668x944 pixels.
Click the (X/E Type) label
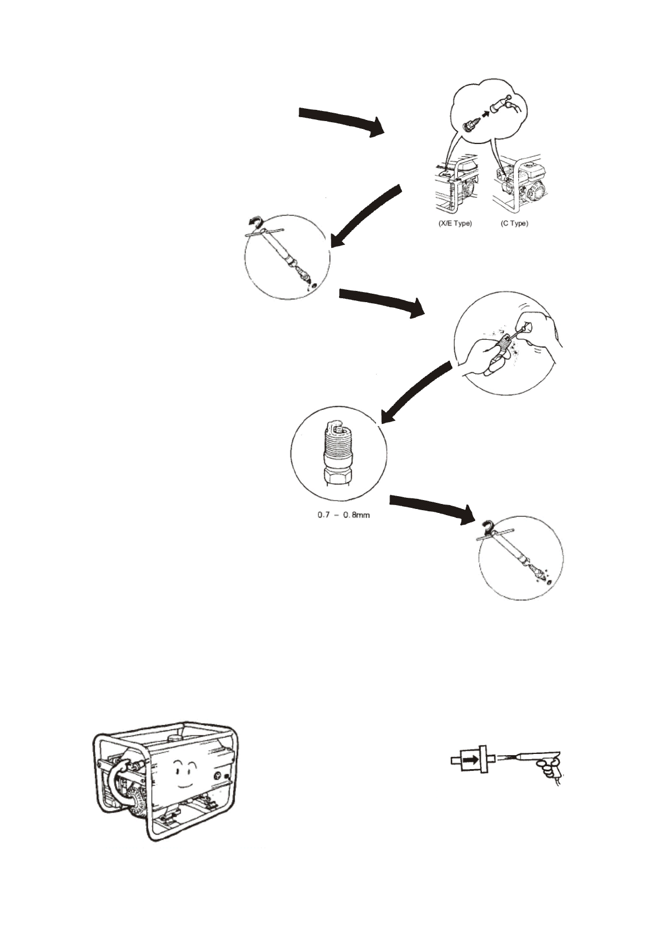tap(454, 223)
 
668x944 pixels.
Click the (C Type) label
tap(514, 223)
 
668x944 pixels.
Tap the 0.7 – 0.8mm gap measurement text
tap(344, 515)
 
